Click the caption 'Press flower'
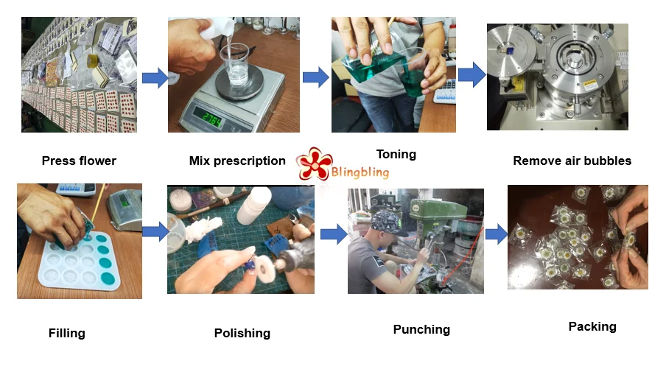(79, 161)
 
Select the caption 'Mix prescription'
(237, 161)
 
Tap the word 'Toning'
(396, 154)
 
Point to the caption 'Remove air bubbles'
(572, 161)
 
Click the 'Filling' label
(67, 333)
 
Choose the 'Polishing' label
(242, 333)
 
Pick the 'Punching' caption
(421, 329)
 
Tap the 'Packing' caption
(592, 326)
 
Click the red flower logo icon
(313, 164)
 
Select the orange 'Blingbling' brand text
(360, 172)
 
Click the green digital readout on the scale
(208, 119)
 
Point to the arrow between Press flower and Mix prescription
(155, 78)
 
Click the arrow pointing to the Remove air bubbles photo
(472, 74)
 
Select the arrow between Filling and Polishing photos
(155, 231)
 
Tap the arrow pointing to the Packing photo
(496, 234)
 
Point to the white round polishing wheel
(265, 269)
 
